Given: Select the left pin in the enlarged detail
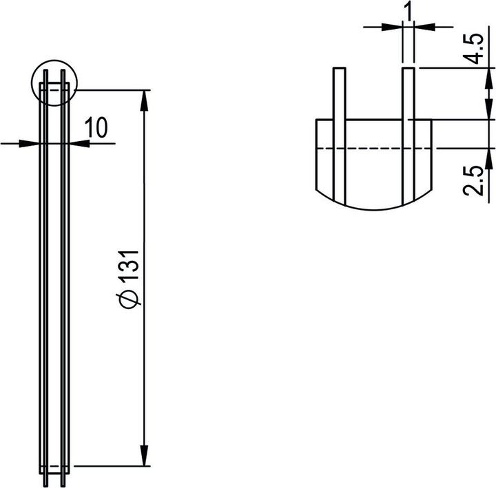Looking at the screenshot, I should point(338,131).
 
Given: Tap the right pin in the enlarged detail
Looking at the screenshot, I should point(408,131).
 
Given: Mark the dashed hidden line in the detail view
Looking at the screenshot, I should point(372,148).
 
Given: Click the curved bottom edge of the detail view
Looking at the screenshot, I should point(372,207).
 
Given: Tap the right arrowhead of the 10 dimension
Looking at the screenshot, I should point(78,143).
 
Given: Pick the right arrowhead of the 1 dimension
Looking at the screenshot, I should point(423,27).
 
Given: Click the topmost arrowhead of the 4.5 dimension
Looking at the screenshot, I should point(488,76).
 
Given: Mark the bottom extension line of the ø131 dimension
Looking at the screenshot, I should point(110,466).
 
